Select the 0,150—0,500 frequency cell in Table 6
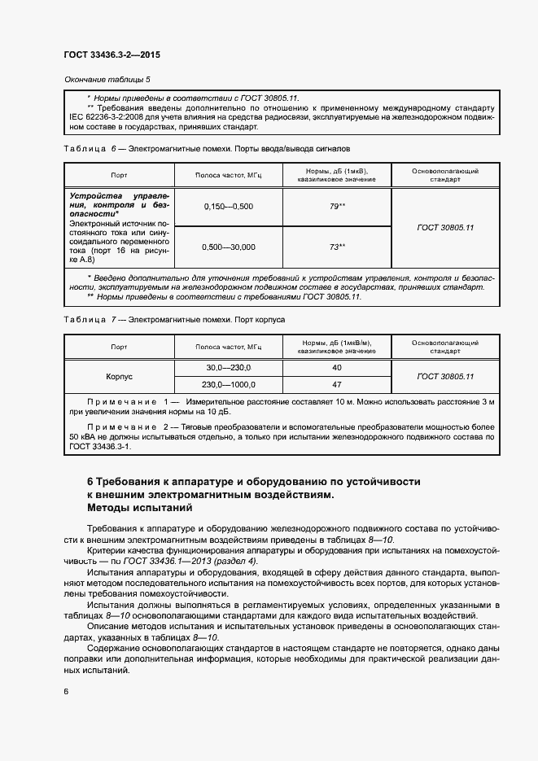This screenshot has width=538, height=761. tap(229, 206)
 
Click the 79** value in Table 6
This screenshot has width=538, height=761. tap(338, 206)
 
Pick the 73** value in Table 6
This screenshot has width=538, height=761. tap(338, 247)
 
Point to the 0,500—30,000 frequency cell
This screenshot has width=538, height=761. tap(229, 247)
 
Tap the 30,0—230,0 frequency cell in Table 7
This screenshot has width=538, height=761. tap(229, 369)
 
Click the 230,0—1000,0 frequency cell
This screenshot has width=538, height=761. tap(229, 385)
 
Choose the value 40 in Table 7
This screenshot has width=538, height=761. tap(337, 369)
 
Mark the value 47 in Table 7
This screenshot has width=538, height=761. tap(337, 385)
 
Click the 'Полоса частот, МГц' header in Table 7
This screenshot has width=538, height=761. tap(229, 348)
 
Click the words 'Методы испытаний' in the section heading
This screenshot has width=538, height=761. tap(139, 508)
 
